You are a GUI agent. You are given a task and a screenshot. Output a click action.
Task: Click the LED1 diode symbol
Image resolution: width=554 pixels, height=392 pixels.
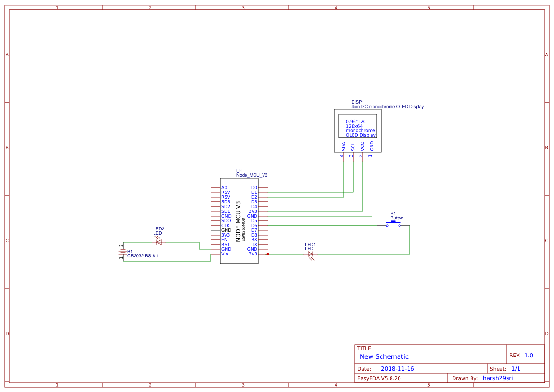pyautogui.click(x=310, y=254)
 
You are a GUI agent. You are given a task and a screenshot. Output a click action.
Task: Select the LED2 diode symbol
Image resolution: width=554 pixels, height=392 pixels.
pyautogui.click(x=158, y=242)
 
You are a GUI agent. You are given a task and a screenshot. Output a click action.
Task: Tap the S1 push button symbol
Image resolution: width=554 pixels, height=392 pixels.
pyautogui.click(x=393, y=225)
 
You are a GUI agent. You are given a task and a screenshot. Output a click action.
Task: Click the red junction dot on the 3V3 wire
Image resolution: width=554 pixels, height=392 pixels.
pyautogui.click(x=268, y=254)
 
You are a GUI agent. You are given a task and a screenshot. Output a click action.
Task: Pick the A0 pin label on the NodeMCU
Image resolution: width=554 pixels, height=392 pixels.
pyautogui.click(x=224, y=188)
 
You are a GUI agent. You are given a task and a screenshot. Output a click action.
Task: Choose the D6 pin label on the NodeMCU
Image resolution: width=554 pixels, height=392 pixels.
pyautogui.click(x=254, y=226)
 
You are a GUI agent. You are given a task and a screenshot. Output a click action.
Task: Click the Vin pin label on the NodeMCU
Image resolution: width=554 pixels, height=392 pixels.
pyautogui.click(x=225, y=254)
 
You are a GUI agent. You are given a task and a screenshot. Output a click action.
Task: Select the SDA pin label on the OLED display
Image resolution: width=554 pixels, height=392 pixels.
pyautogui.click(x=343, y=146)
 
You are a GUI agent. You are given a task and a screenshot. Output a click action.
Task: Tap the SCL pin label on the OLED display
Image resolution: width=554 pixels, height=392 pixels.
pyautogui.click(x=353, y=146)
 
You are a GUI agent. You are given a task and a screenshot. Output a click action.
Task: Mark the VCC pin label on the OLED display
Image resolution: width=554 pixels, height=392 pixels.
pyautogui.click(x=362, y=146)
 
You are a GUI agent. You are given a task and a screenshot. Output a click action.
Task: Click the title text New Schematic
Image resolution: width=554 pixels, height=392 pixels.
pyautogui.click(x=384, y=356)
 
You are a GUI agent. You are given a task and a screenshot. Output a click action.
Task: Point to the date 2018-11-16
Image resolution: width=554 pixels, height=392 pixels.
pyautogui.click(x=397, y=369)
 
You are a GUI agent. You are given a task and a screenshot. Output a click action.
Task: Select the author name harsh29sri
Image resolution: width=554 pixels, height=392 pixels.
pyautogui.click(x=498, y=378)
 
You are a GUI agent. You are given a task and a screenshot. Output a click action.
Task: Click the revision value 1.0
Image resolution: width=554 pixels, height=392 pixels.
pyautogui.click(x=528, y=355)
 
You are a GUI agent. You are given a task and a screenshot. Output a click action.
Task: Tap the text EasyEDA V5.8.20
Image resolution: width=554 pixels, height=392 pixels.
pyautogui.click(x=379, y=378)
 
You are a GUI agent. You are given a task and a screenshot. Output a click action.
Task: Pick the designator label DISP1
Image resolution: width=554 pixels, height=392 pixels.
pyautogui.click(x=357, y=102)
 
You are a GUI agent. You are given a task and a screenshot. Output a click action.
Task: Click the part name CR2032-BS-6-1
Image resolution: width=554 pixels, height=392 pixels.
pyautogui.click(x=143, y=256)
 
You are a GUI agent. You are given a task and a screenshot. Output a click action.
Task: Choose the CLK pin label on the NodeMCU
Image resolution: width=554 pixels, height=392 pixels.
pyautogui.click(x=226, y=226)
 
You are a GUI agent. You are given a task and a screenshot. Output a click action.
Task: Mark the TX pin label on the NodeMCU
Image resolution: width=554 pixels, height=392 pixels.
pyautogui.click(x=254, y=245)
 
